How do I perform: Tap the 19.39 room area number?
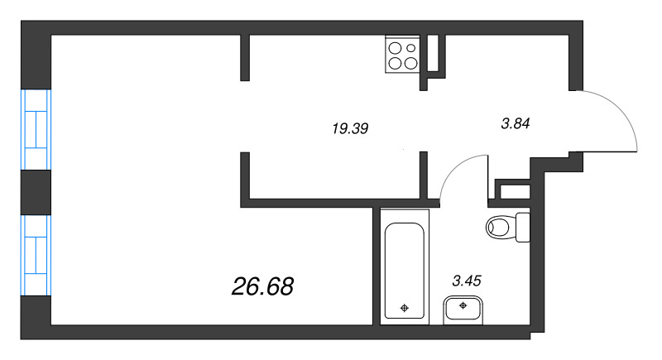(x=348, y=128)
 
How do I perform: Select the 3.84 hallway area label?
(x=515, y=124)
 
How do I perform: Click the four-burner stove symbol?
(x=403, y=55)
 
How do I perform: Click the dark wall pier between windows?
(x=37, y=192)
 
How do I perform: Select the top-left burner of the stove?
(x=395, y=47)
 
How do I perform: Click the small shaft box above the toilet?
(x=512, y=190)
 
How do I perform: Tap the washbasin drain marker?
(x=463, y=305)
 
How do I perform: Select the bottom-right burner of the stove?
(x=410, y=62)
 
